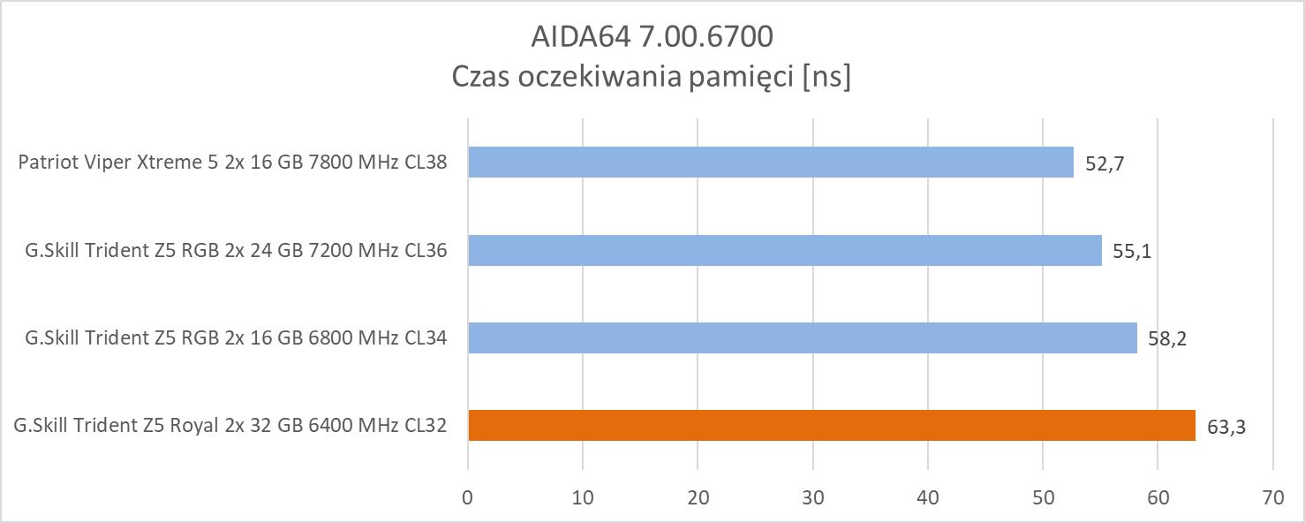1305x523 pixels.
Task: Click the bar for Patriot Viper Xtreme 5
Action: pos(770,163)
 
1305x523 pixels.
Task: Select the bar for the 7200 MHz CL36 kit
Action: pos(784,250)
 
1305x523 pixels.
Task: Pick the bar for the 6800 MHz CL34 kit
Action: pos(802,337)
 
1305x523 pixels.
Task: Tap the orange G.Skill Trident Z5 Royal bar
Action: pos(831,425)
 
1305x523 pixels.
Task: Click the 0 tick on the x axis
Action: pos(468,497)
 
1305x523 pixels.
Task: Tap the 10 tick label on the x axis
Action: pos(583,497)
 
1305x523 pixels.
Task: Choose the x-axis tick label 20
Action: pos(698,497)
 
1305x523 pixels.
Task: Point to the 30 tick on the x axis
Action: pos(813,497)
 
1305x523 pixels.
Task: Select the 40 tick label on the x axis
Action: pos(928,497)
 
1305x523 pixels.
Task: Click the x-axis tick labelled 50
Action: pos(1043,497)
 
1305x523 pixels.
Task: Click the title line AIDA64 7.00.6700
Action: pos(652,36)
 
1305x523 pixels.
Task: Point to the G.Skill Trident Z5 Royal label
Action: pos(230,426)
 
